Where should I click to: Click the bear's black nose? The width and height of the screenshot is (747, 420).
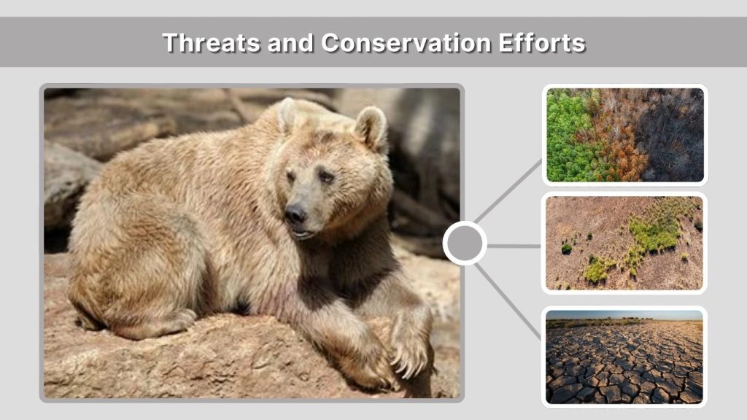pos(295,214)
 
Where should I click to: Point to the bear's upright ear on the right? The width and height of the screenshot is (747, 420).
pos(371,128)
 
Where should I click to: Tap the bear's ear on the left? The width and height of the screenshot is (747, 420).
pos(286,114)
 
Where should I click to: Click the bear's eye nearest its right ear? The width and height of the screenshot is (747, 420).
pos(325,177)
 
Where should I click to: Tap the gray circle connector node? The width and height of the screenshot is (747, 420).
pos(465,244)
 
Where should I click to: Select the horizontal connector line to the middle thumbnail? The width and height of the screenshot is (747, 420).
pos(514,246)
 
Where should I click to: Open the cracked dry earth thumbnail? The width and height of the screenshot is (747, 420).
pos(624,357)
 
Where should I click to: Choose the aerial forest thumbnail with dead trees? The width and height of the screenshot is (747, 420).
pos(624,135)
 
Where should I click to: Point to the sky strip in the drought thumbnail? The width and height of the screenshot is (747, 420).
pos(624,314)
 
